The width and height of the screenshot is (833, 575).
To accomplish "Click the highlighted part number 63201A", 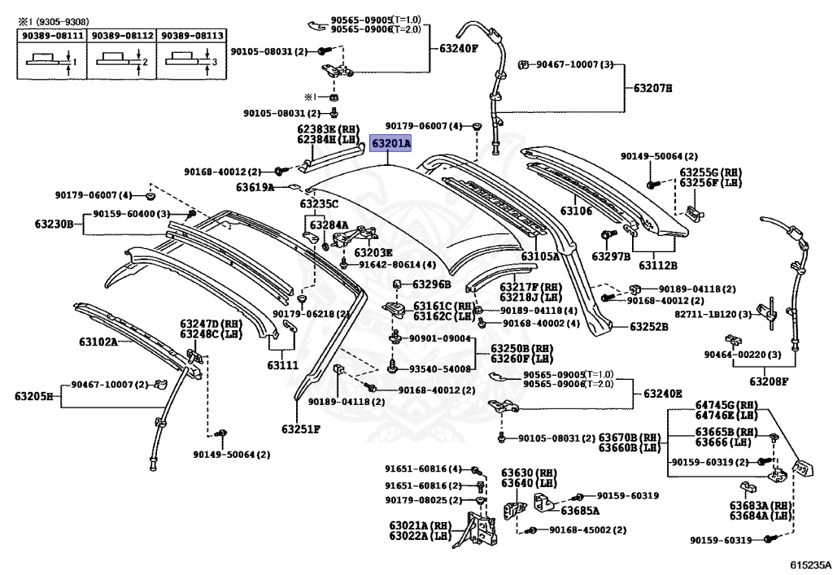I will (x=391, y=144).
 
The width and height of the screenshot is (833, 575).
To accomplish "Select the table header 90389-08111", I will (x=51, y=36).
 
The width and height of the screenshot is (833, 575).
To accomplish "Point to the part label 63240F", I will (x=459, y=48).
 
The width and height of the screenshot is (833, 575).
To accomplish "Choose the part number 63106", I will (x=576, y=211).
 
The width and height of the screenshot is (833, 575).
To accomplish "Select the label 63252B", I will (x=648, y=326).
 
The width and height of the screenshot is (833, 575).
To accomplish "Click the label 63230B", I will (x=54, y=223).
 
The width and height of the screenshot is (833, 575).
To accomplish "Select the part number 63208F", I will (x=769, y=381).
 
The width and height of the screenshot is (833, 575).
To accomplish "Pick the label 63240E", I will (x=663, y=394).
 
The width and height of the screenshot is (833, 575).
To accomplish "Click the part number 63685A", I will (x=579, y=512).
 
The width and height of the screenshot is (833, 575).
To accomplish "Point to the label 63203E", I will (x=373, y=252).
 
